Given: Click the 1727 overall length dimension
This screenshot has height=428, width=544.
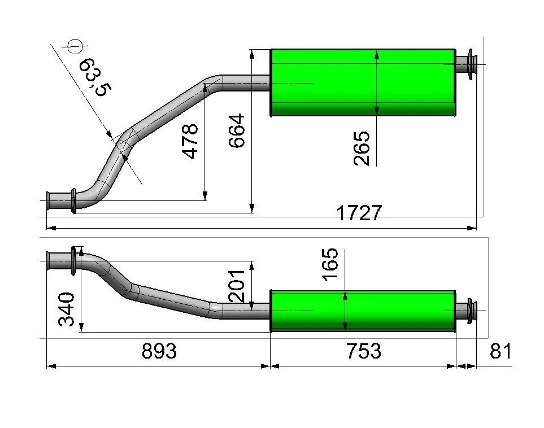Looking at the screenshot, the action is point(359,213).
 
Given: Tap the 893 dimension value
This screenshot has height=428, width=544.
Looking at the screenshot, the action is point(159,351).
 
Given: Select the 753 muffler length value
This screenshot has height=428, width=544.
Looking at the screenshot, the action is point(364,351).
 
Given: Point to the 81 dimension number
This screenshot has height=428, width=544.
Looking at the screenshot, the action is point(501,351).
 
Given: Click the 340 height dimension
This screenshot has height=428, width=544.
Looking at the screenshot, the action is point(66,309).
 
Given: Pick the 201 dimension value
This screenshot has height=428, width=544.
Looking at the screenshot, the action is point(237,286).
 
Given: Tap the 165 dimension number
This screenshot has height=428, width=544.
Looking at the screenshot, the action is point(329,264).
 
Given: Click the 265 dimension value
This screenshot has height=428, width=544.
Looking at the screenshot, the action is point(362,148).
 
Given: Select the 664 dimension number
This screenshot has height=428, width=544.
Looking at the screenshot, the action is point(237,131).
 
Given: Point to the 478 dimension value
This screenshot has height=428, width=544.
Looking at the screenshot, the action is point(190,141).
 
